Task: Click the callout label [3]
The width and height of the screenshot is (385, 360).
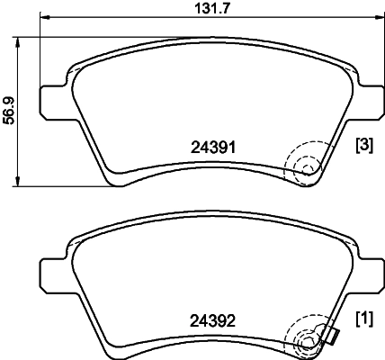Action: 364,145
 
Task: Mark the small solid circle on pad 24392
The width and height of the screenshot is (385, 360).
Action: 306,340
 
